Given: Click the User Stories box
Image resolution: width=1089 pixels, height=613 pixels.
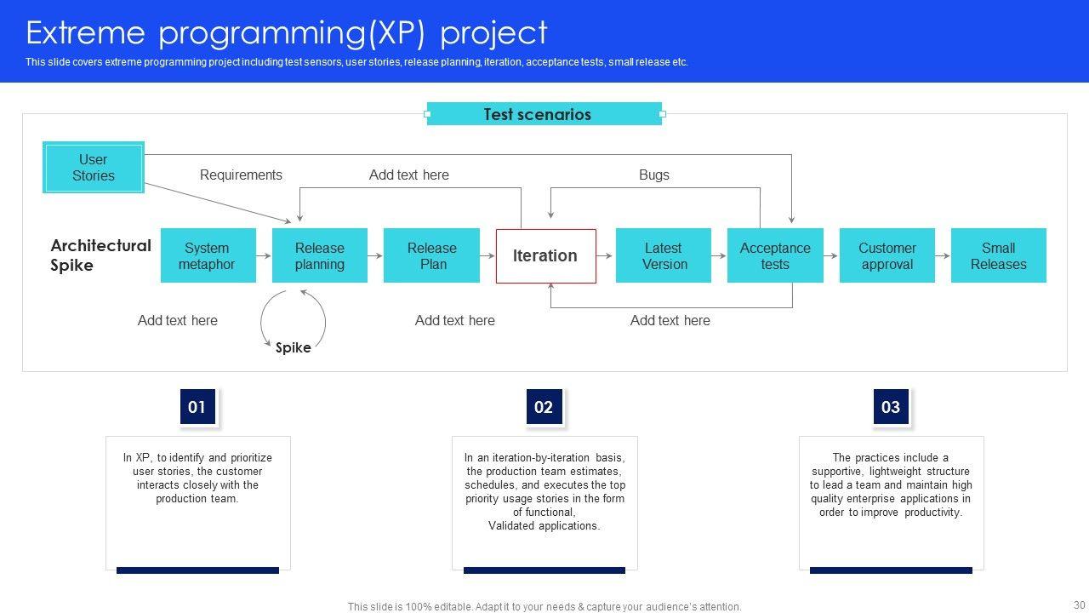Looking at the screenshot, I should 94,168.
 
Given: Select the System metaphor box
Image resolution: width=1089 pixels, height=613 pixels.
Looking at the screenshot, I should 208,255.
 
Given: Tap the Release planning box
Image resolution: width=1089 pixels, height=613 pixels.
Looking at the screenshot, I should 320,255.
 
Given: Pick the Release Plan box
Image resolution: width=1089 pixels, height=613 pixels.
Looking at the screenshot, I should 431,255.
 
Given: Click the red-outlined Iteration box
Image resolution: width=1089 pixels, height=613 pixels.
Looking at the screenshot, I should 545,255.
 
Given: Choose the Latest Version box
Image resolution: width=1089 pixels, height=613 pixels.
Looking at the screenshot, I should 664,255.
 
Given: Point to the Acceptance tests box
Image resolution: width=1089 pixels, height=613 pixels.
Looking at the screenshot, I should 775,255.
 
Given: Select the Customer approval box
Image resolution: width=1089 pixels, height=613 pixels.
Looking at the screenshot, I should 887,255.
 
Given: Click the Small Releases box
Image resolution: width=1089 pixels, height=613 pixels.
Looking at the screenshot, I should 998,255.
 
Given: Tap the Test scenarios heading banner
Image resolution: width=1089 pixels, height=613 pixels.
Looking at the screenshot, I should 544,114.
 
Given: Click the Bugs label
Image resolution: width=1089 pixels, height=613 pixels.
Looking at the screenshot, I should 654,175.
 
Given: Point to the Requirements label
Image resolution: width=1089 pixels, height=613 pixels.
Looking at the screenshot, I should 241,175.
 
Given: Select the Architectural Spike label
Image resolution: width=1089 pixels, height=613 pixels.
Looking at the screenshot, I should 100,255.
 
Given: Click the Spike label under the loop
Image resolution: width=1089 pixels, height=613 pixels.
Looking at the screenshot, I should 294,347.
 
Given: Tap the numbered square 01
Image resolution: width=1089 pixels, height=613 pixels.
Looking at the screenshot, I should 197,407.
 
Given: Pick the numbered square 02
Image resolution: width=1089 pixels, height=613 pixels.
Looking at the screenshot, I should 544,407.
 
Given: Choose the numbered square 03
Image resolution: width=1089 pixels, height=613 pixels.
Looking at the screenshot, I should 891,407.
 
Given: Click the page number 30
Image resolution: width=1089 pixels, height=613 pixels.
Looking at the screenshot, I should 1080,604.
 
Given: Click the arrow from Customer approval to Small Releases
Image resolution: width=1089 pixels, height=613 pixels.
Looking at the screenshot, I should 943,255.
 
